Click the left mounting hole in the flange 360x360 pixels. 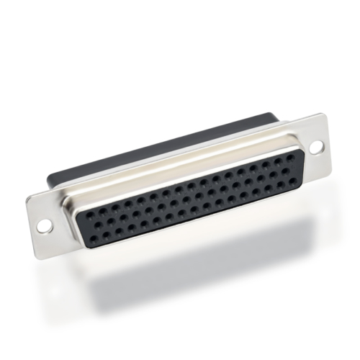45,226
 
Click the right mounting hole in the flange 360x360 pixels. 315,147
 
